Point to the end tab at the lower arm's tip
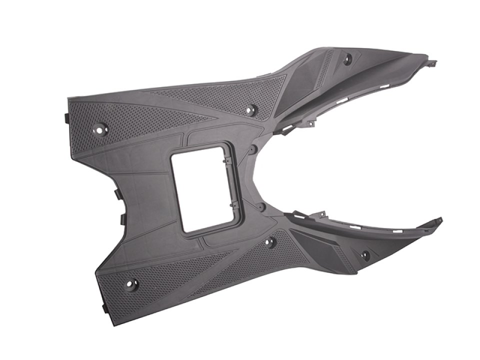(x=438, y=220)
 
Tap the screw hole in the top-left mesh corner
(x=100, y=129)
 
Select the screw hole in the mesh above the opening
(x=251, y=108)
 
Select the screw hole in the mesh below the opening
(x=270, y=242)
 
